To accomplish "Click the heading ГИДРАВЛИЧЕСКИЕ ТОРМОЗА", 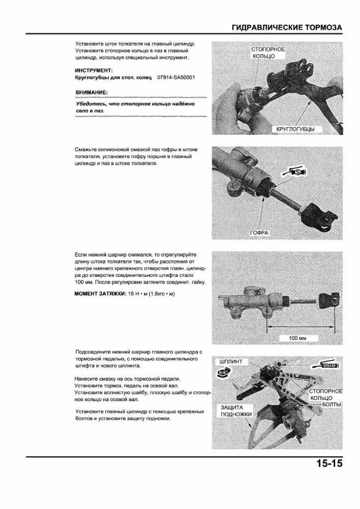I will pos(287,27).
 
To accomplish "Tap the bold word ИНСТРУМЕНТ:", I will pos(94,70).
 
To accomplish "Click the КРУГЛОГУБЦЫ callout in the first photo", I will pos(295,129).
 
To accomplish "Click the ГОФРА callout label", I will pos(259,233).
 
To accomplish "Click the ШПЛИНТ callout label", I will pos(234,362).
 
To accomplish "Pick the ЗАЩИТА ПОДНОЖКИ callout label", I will pos(236,411).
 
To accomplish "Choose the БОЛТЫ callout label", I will pos(331,404).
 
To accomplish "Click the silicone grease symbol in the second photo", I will pos(294,173).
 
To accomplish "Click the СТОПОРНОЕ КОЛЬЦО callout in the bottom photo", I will pos(325,394).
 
